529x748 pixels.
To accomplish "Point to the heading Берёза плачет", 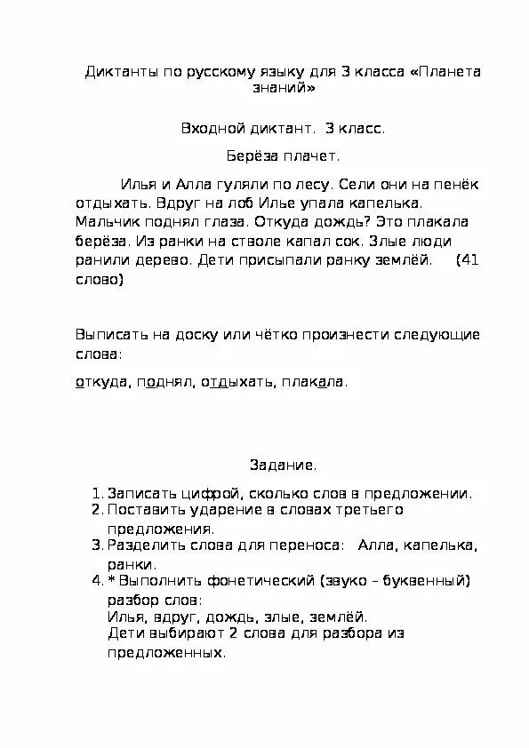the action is coord(282,157).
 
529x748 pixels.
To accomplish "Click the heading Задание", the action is coord(283,465).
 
